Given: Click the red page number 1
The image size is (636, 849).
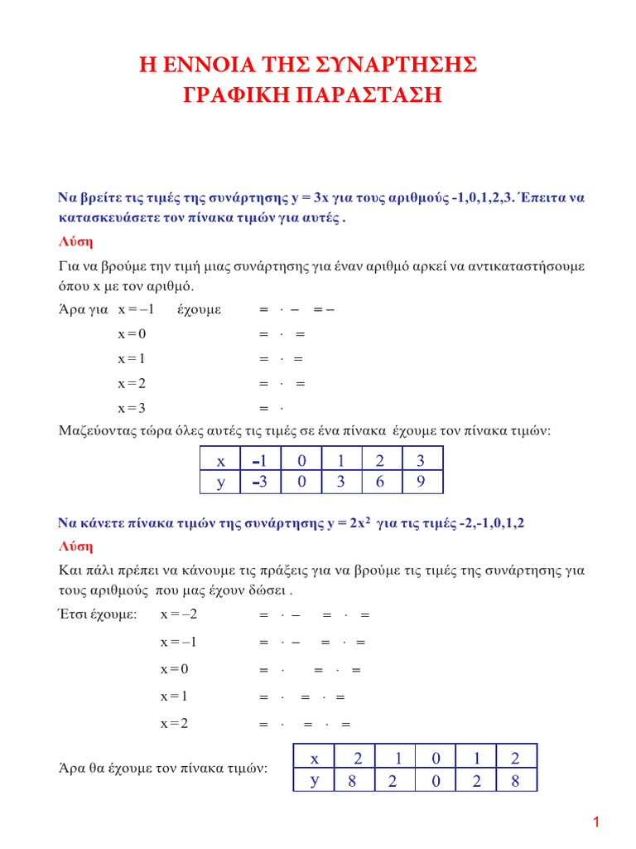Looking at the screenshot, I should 595,822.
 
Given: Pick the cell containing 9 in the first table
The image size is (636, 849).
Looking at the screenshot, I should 422,482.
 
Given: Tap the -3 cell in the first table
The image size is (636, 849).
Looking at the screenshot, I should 261,482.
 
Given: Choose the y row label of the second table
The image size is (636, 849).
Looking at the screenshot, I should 315,780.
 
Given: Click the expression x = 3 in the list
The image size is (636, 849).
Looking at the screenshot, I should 132,407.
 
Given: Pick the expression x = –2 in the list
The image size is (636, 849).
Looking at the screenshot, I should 179,615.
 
